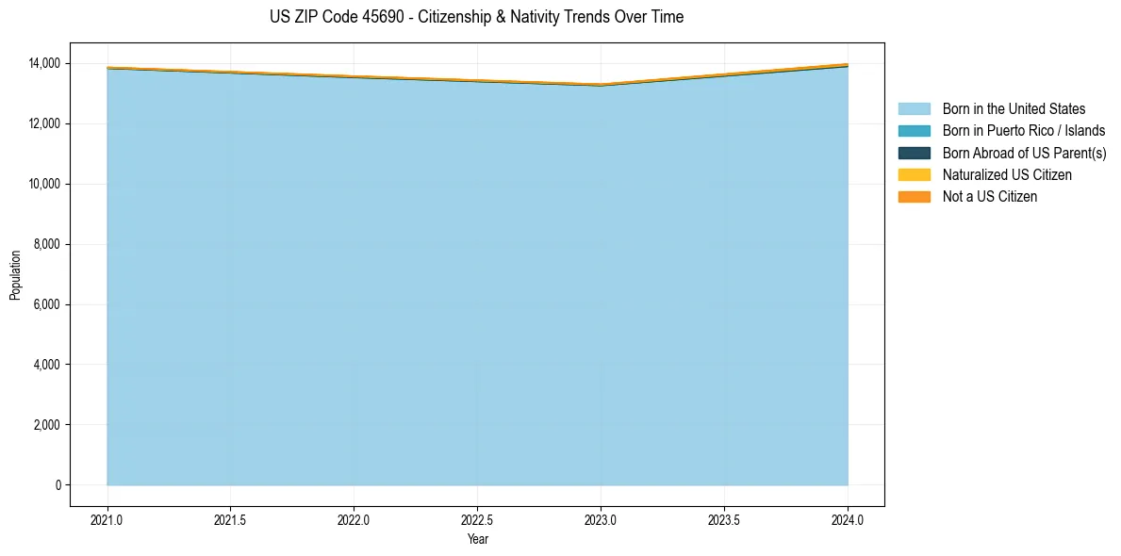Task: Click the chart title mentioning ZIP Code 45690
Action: [476, 17]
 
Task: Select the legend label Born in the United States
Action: [1014, 109]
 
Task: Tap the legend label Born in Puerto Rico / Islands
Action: [1024, 131]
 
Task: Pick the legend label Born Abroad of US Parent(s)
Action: [1024, 153]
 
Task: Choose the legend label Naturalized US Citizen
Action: [1007, 174]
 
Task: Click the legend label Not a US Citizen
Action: [990, 196]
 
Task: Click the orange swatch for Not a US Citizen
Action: [914, 196]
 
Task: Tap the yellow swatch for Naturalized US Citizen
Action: [914, 174]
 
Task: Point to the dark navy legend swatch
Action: [914, 153]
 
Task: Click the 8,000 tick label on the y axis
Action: [44, 244]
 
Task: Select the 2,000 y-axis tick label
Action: [44, 425]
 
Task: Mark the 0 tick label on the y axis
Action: [57, 485]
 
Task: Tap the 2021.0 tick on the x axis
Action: [107, 519]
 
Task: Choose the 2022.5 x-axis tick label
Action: [477, 519]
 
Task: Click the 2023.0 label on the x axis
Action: [601, 519]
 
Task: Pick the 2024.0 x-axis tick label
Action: [848, 519]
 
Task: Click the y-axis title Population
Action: [15, 274]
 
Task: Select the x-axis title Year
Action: [478, 539]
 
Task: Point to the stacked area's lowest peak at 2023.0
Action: [601, 84]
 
